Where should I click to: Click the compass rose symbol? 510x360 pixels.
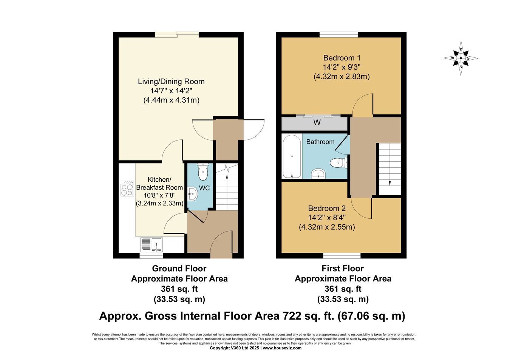point(461,58)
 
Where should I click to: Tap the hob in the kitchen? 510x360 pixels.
point(127,189)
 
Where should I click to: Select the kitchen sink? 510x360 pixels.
point(151,244)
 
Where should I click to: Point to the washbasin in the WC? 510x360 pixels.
point(193,194)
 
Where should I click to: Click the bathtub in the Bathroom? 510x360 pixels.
point(292,156)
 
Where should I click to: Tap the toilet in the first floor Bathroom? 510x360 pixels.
point(338,163)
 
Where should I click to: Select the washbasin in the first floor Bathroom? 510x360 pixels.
point(318,174)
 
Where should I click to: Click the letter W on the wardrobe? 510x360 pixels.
point(317,122)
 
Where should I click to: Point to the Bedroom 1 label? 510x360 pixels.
point(342,58)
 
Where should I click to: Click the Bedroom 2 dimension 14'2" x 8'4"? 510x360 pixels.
point(327,218)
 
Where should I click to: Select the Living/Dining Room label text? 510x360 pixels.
point(171,82)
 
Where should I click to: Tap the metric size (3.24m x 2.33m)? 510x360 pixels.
point(159,203)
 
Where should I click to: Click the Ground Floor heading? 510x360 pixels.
point(179,269)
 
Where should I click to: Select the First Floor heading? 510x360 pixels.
point(343,269)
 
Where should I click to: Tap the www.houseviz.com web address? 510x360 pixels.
point(282,348)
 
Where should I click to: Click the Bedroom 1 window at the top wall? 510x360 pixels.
point(338,35)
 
